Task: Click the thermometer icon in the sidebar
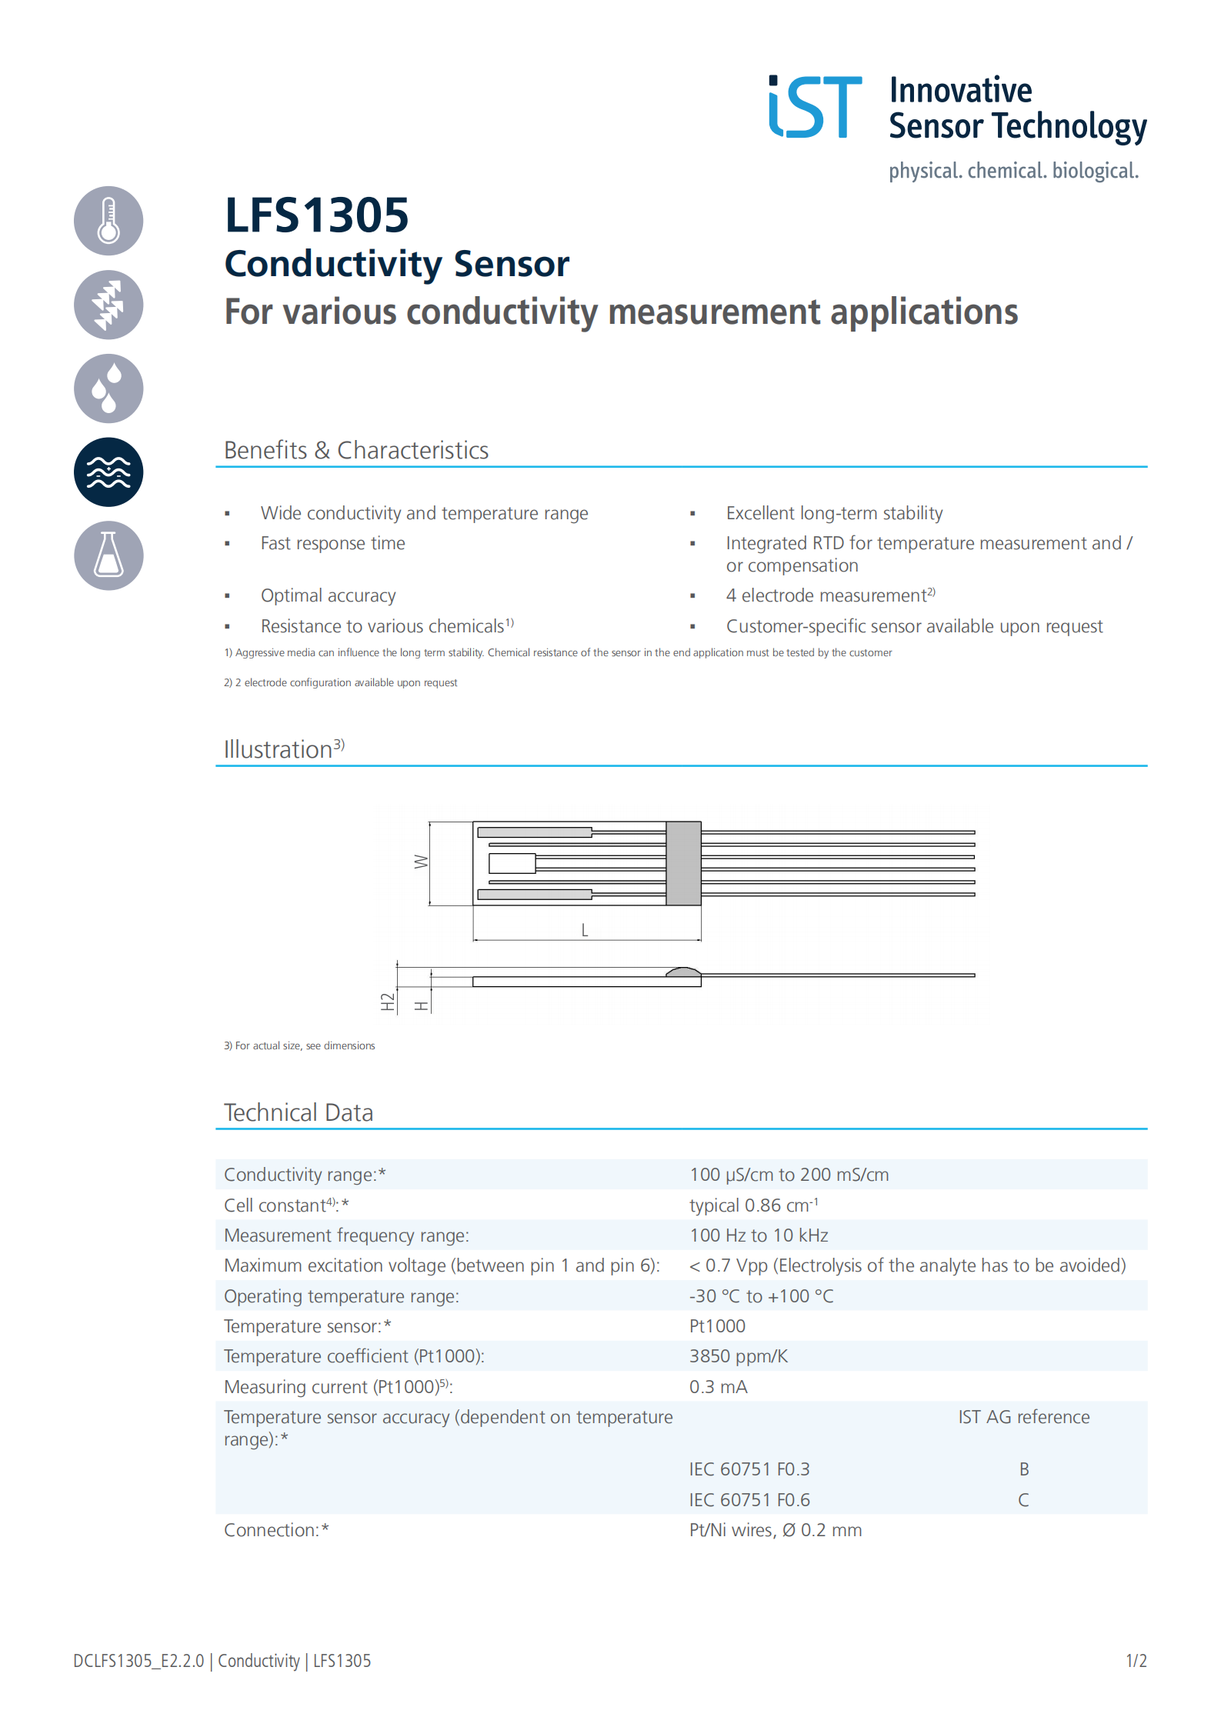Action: [108, 221]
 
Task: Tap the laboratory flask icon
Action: [108, 555]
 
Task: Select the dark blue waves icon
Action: [108, 472]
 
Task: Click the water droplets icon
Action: [108, 388]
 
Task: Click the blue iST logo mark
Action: [815, 107]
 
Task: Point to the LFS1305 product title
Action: [316, 215]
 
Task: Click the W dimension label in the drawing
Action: [421, 862]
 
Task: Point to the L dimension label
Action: [585, 930]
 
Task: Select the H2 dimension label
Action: [387, 1002]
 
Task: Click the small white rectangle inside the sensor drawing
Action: [512, 863]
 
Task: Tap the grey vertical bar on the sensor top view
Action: [683, 863]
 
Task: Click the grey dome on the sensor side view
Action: [683, 972]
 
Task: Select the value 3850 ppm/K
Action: [738, 1356]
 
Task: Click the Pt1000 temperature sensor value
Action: [717, 1326]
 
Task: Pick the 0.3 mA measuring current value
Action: [718, 1387]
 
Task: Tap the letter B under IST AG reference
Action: [1024, 1469]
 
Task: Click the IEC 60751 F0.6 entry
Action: [749, 1500]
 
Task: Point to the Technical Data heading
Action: [299, 1112]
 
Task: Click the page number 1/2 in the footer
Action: [1136, 1661]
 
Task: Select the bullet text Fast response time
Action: [332, 543]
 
